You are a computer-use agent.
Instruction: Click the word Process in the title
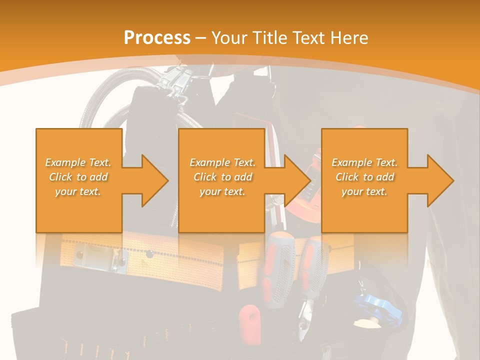click(x=157, y=38)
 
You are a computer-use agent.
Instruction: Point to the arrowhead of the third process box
click(x=439, y=180)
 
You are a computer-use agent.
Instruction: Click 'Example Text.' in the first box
click(x=78, y=162)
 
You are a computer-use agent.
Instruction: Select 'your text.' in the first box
click(x=78, y=191)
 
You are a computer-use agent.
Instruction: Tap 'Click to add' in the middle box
click(x=222, y=177)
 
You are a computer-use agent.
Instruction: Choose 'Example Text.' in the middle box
click(x=222, y=162)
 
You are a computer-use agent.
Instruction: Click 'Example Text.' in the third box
click(x=364, y=162)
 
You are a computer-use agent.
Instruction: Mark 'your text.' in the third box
click(x=364, y=191)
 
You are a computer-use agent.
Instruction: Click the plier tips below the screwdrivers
click(x=305, y=320)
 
